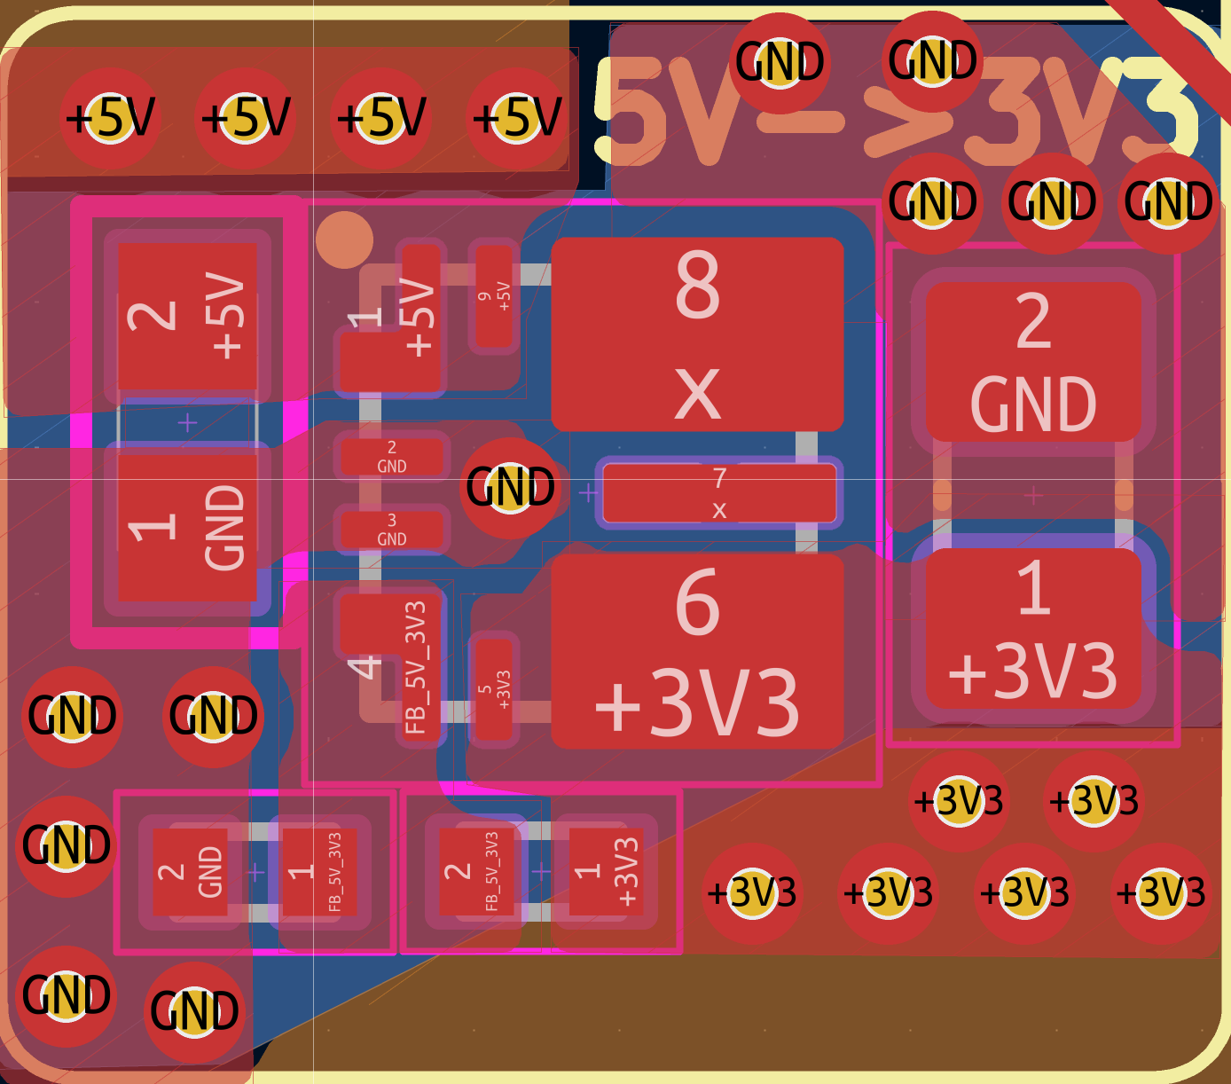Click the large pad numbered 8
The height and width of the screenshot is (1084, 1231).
click(697, 334)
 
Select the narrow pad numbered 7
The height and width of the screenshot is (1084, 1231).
click(719, 493)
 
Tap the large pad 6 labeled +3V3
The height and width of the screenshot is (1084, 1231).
click(697, 650)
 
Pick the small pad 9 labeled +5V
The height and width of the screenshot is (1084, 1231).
click(494, 296)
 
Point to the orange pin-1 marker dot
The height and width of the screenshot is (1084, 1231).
click(344, 240)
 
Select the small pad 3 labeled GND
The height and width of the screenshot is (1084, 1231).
click(391, 530)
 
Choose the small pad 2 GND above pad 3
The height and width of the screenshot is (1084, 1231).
click(391, 456)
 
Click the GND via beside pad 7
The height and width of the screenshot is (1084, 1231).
click(510, 487)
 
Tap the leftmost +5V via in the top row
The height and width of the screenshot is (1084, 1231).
click(110, 117)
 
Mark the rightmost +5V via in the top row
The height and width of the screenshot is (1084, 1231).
click(517, 117)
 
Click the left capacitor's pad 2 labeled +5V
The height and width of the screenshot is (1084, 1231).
click(187, 317)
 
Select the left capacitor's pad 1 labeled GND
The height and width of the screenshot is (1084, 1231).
click(187, 527)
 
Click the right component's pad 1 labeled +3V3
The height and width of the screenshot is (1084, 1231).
click(1033, 628)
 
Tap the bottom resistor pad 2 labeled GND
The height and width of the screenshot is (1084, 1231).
click(190, 872)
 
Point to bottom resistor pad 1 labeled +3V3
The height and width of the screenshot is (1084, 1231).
click(605, 872)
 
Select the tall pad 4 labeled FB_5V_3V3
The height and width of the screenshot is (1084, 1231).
click(390, 656)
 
